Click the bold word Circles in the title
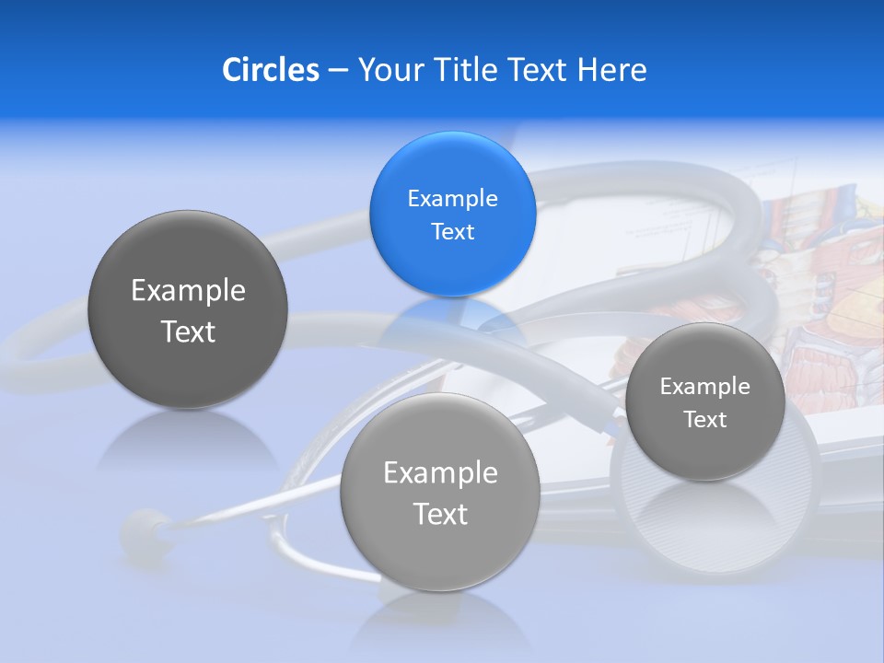point(271,70)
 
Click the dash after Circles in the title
point(338,71)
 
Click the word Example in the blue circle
point(452,198)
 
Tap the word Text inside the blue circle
point(452,231)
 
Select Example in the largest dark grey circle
point(188,291)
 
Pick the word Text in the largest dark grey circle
point(188,331)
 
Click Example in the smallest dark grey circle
point(704,387)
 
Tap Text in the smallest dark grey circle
point(704,420)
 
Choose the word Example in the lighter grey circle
point(440,473)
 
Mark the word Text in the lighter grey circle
point(440,514)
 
